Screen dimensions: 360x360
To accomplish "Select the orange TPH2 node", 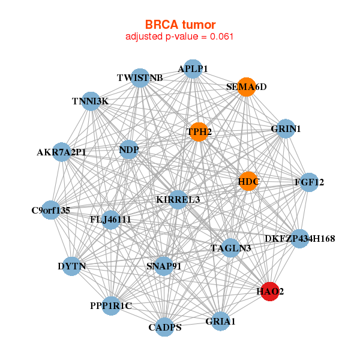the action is tap(199, 131).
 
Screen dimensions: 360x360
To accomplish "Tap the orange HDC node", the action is tap(248, 181).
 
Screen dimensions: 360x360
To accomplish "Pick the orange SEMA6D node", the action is tap(246, 87).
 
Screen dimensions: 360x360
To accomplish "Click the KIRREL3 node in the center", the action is tap(178, 199).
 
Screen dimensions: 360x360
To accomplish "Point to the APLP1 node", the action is tap(193, 69).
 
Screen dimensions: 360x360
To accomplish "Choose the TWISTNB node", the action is tap(140, 78).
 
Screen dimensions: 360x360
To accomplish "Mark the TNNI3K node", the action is tap(91, 101).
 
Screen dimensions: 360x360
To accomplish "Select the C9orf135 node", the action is tap(51, 210).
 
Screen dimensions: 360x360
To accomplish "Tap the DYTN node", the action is tap(72, 266).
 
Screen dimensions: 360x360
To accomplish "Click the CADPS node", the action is tap(165, 327).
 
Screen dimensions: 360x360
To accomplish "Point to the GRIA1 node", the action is tap(221, 322).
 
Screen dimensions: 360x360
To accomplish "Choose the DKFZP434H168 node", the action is tap(299, 239).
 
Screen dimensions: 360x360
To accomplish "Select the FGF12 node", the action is tap(309, 182).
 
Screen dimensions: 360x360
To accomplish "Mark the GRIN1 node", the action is tap(286, 129).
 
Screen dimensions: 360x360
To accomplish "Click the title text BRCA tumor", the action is tap(180, 25).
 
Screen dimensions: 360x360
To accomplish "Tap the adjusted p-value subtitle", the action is tap(179, 37).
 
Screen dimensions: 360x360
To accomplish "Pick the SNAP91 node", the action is tap(164, 266).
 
